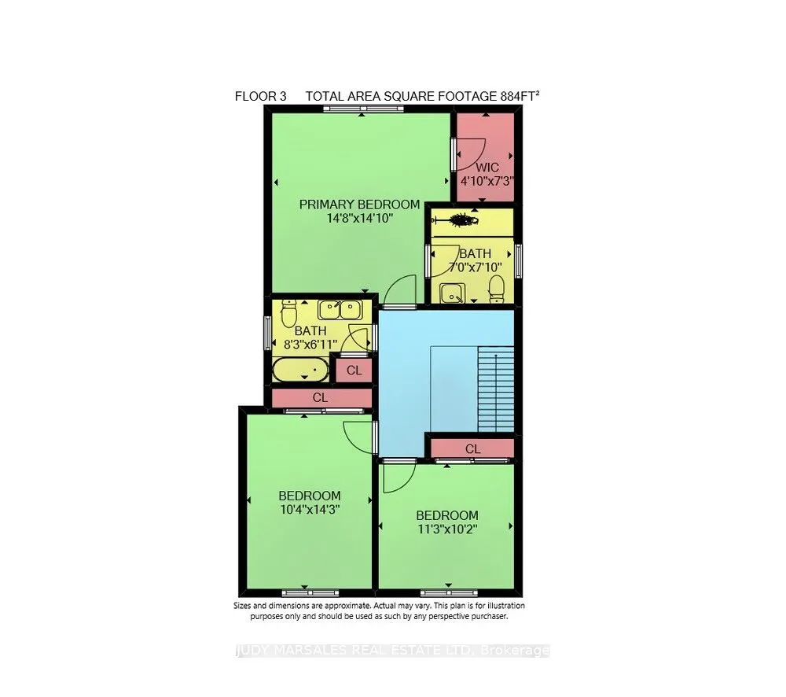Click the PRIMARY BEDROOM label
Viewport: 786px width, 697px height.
pos(359,205)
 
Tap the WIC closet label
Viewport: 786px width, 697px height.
pos(487,168)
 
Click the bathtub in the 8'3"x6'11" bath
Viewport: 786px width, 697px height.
pos(300,369)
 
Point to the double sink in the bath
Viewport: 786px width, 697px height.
pos(340,309)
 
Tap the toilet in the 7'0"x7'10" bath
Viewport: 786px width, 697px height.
pos(495,293)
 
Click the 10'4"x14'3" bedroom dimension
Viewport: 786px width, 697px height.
pos(310,510)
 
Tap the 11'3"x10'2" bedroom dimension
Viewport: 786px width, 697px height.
pos(446,529)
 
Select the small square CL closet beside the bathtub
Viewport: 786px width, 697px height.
pos(354,370)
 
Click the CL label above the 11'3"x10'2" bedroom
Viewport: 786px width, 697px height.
pos(472,448)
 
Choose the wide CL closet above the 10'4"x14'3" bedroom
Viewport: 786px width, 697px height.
pos(320,397)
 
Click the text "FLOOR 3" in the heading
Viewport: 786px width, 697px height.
pos(260,97)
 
